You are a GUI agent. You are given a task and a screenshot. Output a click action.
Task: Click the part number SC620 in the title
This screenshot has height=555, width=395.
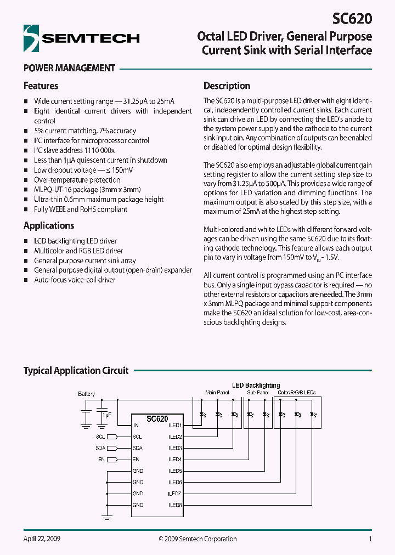tap(352, 19)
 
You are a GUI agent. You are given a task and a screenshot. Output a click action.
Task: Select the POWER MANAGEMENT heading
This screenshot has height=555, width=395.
tap(69, 68)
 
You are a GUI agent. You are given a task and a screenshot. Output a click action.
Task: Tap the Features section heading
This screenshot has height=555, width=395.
tap(41, 86)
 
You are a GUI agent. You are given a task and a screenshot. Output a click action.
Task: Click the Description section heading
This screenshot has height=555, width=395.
tap(227, 86)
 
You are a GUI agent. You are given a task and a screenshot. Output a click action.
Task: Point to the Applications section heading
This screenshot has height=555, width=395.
tap(49, 225)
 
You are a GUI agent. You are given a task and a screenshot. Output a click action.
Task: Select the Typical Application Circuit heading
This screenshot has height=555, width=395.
tap(76, 371)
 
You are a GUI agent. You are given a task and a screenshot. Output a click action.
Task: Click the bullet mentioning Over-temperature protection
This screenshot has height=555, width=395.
tap(77, 180)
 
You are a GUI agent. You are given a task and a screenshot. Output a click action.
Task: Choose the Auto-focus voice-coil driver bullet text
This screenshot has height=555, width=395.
tap(75, 280)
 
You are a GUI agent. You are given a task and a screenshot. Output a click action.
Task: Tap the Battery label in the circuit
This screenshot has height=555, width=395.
tap(86, 394)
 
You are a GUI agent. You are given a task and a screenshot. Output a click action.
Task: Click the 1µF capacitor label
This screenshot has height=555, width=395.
tap(106, 415)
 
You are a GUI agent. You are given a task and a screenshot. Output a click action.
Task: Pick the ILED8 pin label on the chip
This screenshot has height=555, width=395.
tap(175, 505)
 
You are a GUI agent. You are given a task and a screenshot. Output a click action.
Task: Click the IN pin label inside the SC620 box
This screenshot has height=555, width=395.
tap(136, 426)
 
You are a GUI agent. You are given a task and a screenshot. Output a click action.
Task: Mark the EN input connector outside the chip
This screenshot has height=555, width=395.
tap(111, 460)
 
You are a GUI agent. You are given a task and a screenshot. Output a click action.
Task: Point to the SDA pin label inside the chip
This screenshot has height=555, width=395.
tap(137, 448)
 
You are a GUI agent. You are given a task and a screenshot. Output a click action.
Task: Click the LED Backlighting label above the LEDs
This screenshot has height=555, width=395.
tap(256, 386)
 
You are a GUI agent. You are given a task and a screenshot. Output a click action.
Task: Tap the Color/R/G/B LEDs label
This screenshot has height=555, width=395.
tap(297, 393)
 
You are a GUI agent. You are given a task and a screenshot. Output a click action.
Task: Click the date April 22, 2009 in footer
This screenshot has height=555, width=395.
tap(42, 539)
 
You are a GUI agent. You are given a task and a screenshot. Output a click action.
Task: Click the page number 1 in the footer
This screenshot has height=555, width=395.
tap(370, 539)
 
